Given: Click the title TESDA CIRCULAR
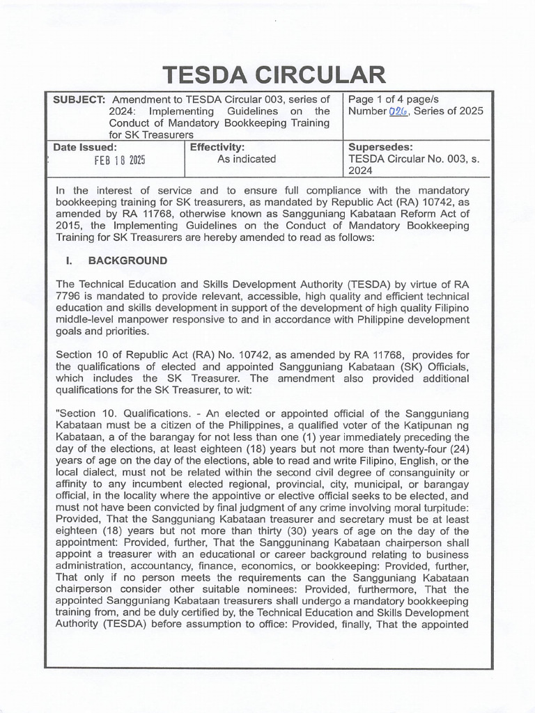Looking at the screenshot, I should (273, 74).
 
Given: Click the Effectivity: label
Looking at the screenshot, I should (217, 148).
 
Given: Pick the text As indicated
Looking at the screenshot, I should (247, 159).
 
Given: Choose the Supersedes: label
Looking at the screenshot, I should (380, 148).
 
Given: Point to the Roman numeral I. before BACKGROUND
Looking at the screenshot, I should (70, 261).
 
